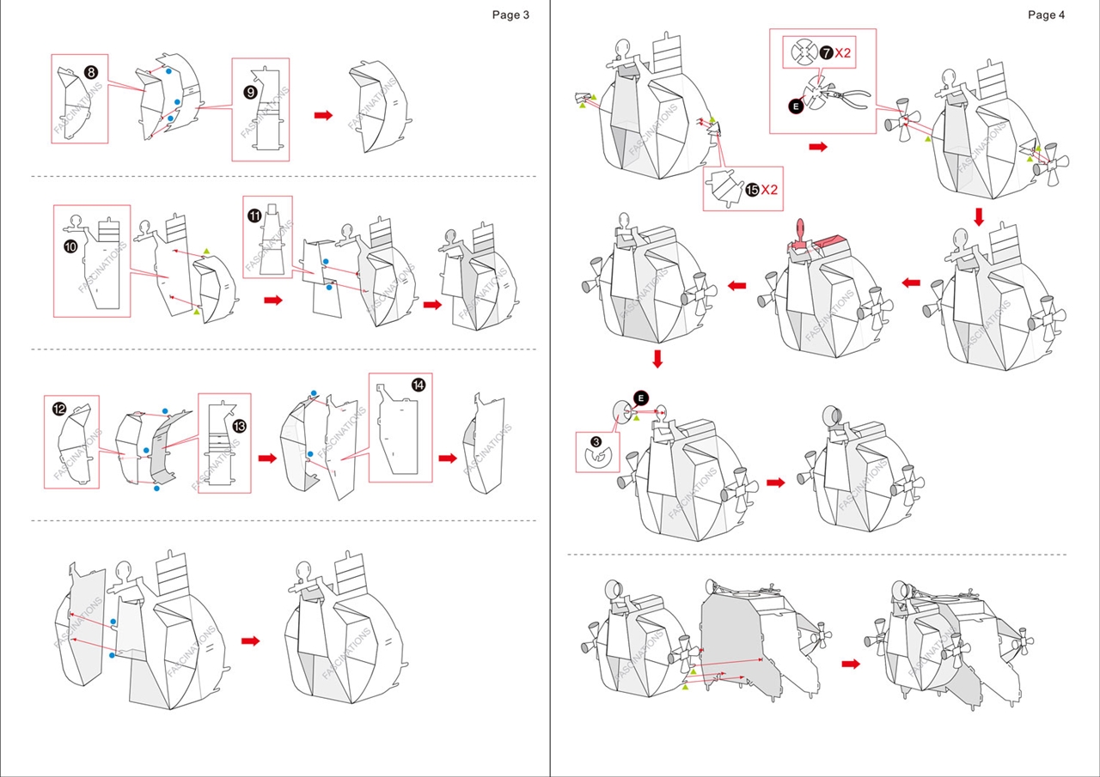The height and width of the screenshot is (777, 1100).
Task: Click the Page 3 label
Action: pos(510,15)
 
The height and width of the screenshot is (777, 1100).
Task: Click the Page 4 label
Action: pos(1046,15)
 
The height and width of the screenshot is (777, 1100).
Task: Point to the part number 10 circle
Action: pos(70,246)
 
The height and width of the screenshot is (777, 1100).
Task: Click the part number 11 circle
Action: pos(255,215)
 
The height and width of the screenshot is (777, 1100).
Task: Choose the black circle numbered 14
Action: pos(418,385)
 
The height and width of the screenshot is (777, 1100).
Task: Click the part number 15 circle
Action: pos(752,190)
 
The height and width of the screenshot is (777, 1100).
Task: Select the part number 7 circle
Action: pos(826,53)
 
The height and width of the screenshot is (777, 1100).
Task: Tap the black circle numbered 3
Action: pos(596,441)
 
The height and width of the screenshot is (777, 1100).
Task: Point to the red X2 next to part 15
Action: pos(768,190)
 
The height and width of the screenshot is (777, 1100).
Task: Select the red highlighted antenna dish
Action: pos(800,232)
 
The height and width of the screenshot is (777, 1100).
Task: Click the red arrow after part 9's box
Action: pos(323,115)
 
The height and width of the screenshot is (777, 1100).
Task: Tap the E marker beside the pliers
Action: pos(795,106)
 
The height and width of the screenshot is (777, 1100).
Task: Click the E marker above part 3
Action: pos(640,396)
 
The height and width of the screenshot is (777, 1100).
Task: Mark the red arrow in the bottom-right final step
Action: pos(850,664)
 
